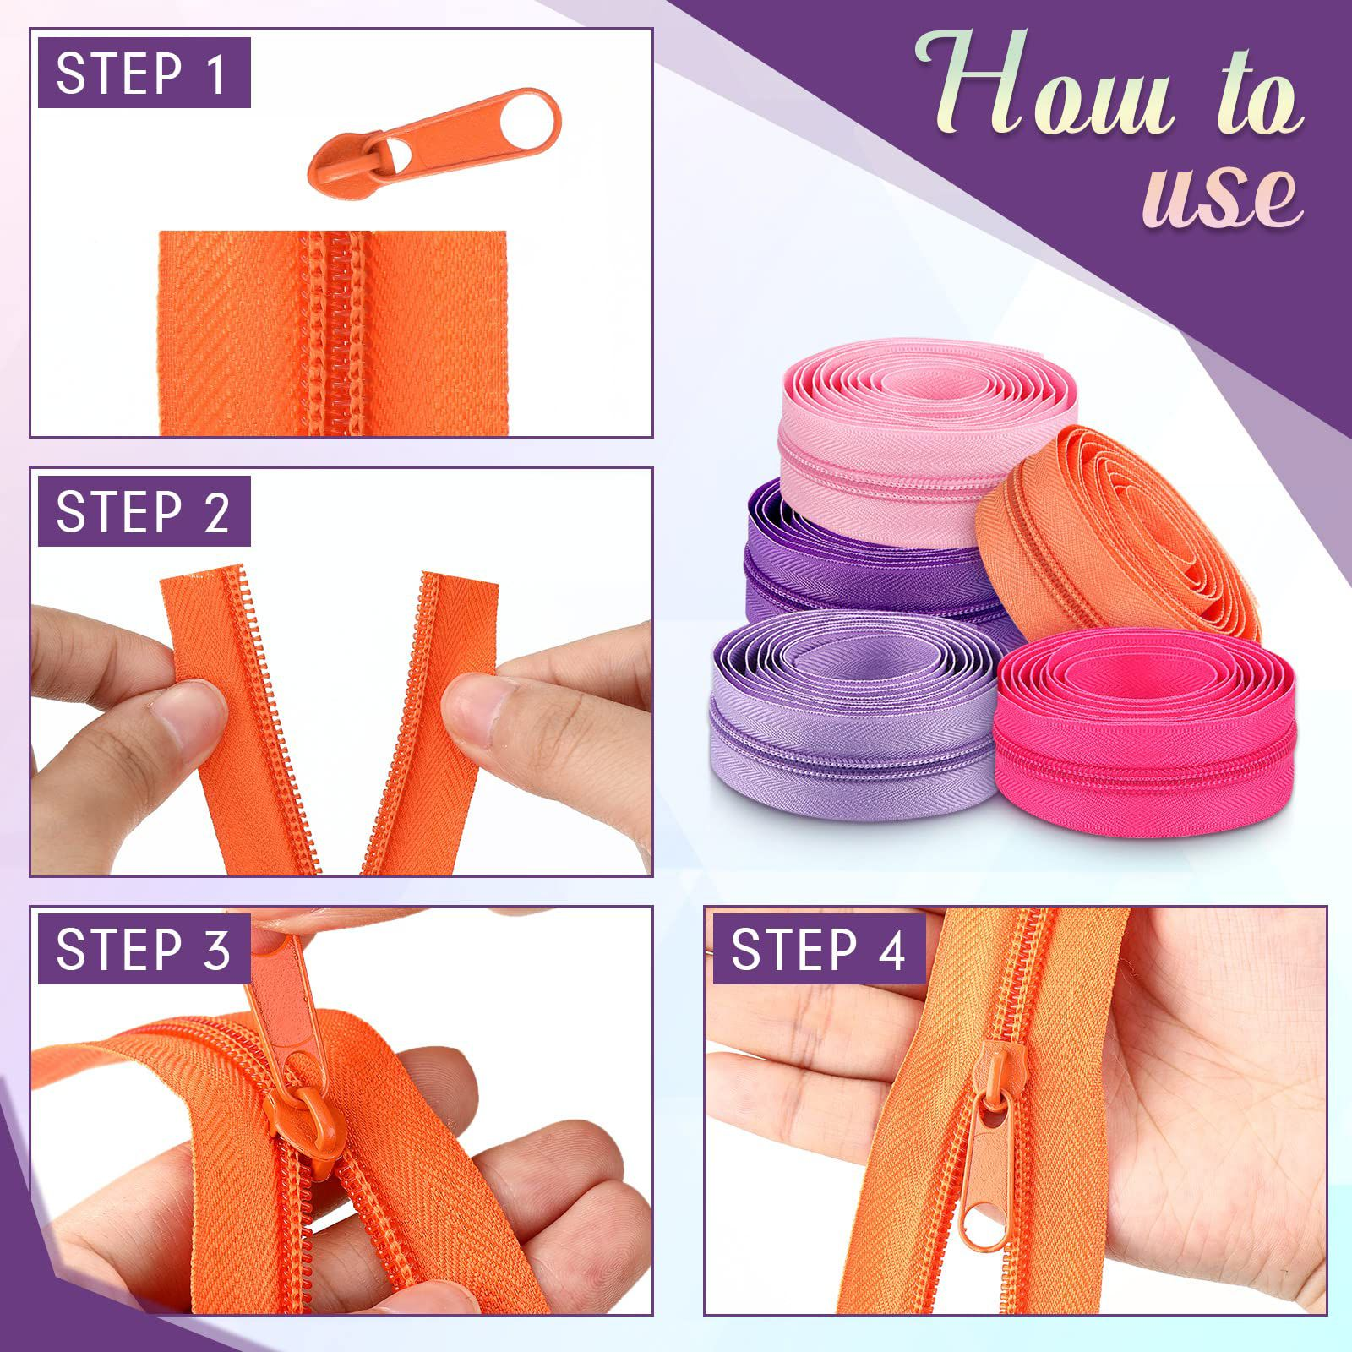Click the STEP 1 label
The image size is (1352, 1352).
(144, 73)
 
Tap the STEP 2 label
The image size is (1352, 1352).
(144, 512)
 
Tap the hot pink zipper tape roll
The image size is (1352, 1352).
(1145, 735)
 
